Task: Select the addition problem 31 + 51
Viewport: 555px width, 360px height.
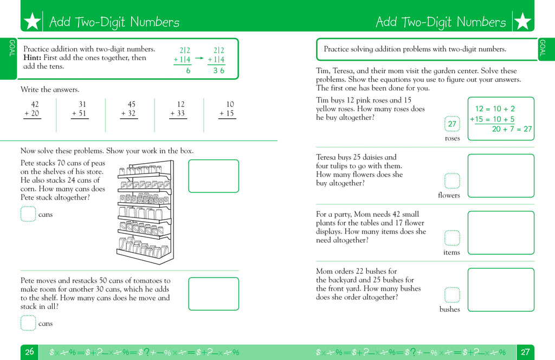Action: click(80, 109)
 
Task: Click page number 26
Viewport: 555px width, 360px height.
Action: click(29, 352)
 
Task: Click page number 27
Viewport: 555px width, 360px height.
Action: click(525, 352)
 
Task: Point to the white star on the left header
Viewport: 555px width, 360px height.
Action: click(33, 22)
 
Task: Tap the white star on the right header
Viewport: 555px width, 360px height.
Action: click(522, 22)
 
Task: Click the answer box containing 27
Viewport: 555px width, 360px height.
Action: click(451, 124)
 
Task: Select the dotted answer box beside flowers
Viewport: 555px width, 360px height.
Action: click(451, 181)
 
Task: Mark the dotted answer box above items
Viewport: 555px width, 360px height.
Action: click(451, 238)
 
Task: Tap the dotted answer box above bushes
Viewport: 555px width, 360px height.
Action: click(451, 295)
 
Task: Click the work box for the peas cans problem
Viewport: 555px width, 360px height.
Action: click(214, 176)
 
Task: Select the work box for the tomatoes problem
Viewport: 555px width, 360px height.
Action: click(214, 293)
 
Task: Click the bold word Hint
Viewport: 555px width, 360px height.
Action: click(33, 57)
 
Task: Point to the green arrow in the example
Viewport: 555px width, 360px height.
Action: click(199, 57)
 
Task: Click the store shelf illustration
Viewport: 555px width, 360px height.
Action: click(145, 211)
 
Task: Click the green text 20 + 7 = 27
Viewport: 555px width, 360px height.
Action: click(511, 129)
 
